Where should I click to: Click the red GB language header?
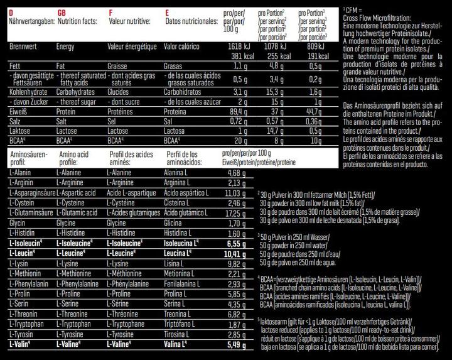tap(62, 12)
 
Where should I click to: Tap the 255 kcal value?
tap(272, 55)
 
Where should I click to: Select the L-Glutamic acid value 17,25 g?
tap(234, 214)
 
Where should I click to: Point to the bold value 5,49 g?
tap(234, 344)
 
